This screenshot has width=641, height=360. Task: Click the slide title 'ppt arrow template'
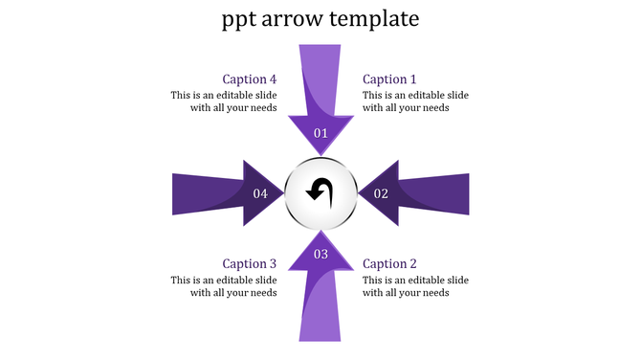tap(320, 19)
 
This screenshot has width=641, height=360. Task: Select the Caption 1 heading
tap(390, 79)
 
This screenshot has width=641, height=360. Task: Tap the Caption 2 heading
tap(390, 263)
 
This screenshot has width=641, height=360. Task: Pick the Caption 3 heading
tap(250, 263)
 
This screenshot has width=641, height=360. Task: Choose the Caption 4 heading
tap(250, 79)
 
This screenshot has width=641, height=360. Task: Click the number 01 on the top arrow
tap(320, 133)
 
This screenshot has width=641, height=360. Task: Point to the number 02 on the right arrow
tap(381, 193)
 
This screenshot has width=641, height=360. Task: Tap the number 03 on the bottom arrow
tap(320, 254)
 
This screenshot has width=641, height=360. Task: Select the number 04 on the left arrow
tap(260, 193)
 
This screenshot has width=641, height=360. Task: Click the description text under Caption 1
tap(415, 101)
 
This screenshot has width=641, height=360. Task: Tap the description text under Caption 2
tap(415, 286)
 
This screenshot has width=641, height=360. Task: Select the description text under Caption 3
tap(224, 286)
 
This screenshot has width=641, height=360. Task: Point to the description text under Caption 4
tap(224, 101)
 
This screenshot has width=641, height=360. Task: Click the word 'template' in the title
tap(373, 19)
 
